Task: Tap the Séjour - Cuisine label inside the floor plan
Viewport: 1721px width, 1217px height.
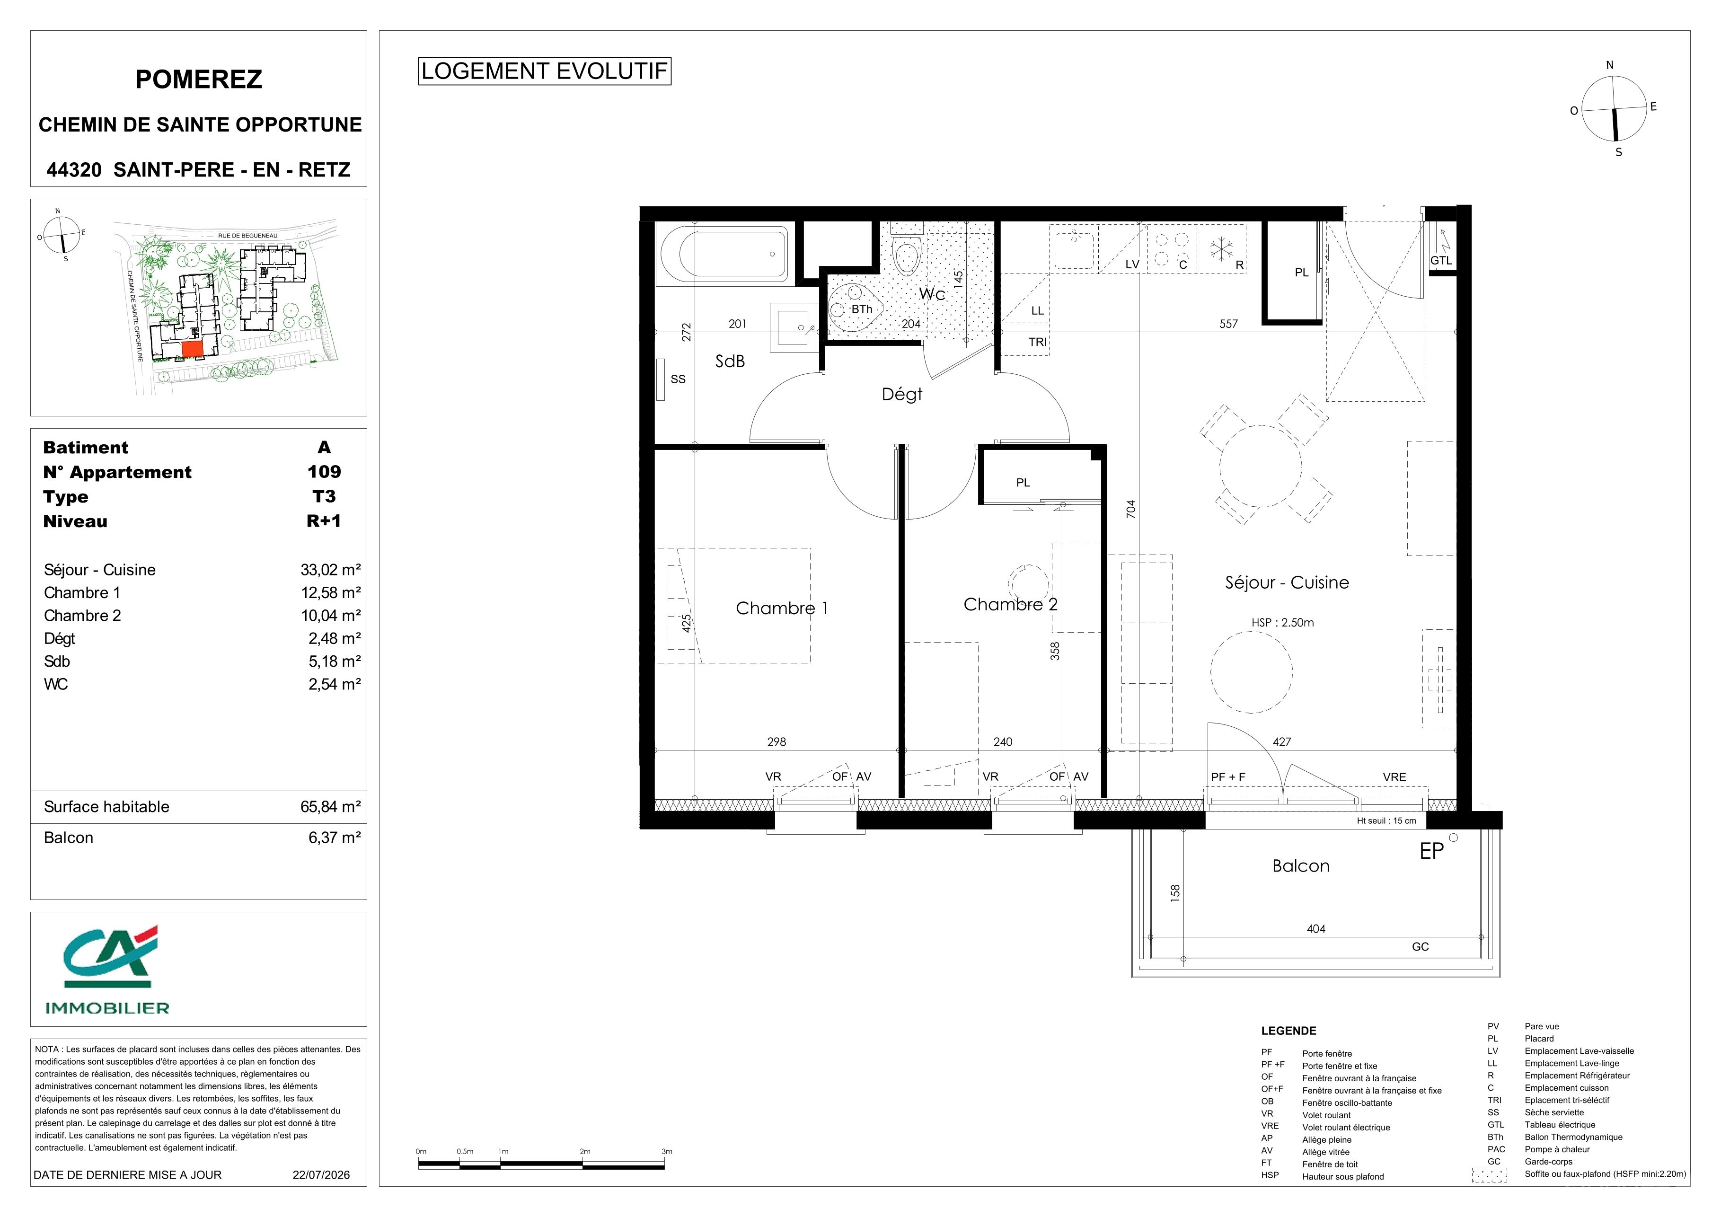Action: click(1287, 582)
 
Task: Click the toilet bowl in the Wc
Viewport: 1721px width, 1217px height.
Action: click(907, 255)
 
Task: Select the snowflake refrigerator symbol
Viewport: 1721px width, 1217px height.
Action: click(1223, 249)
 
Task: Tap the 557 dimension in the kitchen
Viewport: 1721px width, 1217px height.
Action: click(1228, 324)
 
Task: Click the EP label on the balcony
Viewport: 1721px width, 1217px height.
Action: click(1432, 851)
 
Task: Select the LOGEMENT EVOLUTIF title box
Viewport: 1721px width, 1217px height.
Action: click(544, 71)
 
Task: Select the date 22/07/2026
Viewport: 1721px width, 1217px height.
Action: click(321, 1174)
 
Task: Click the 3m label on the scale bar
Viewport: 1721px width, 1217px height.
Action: click(666, 1151)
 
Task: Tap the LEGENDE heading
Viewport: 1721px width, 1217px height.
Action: click(1289, 1031)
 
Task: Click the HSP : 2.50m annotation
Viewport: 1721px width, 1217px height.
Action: click(1282, 622)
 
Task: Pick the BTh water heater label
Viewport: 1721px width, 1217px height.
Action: click(861, 309)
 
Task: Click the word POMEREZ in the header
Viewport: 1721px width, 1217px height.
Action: click(199, 79)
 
